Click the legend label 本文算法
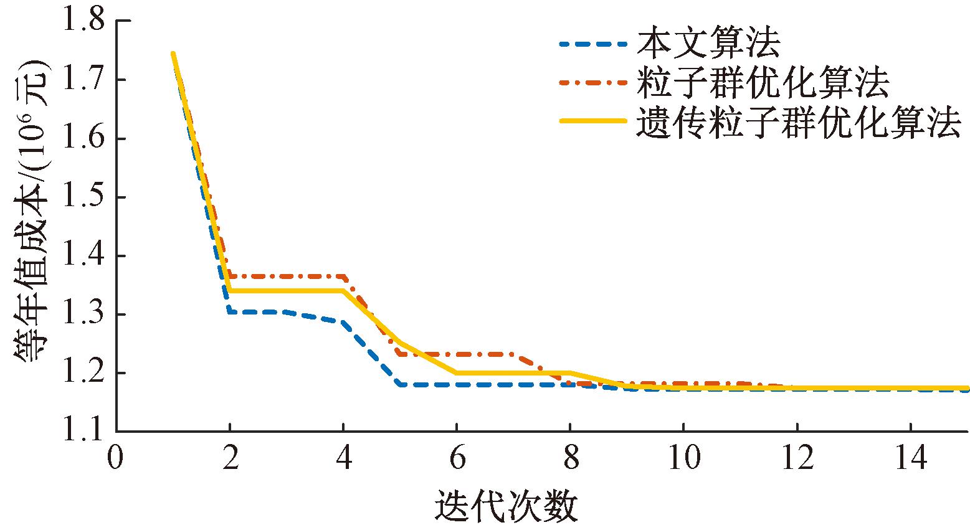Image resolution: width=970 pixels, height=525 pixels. [x=708, y=44]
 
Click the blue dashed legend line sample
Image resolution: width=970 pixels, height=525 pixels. [x=592, y=44]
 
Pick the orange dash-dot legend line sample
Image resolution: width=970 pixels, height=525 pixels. [x=592, y=82]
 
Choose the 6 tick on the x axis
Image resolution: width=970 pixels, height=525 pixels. [x=457, y=460]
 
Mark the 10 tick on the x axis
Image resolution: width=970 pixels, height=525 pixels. [x=683, y=460]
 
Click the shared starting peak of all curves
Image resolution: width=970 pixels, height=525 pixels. [x=173, y=54]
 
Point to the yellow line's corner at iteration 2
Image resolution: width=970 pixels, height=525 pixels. [x=230, y=290]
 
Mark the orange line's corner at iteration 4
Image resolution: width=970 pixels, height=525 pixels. [x=343, y=276]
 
